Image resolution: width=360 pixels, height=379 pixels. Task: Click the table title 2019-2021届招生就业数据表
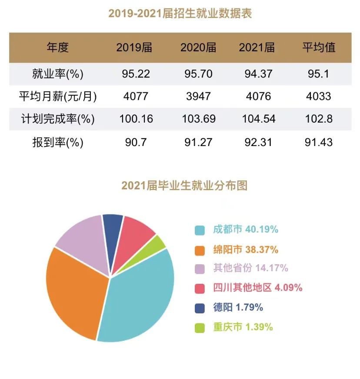pyautogui.click(x=180, y=13)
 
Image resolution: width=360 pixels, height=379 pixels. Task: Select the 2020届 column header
pyautogui.click(x=198, y=47)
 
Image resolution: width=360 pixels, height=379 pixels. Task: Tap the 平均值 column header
pyautogui.click(x=319, y=47)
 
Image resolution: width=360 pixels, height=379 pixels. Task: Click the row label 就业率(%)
pyautogui.click(x=57, y=74)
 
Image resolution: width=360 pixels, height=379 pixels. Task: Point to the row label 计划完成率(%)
pyautogui.click(x=57, y=119)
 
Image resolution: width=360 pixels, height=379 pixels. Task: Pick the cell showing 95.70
pyautogui.click(x=198, y=74)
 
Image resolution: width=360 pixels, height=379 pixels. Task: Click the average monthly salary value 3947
pyautogui.click(x=198, y=96)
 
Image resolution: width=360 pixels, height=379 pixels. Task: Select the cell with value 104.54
pyautogui.click(x=257, y=119)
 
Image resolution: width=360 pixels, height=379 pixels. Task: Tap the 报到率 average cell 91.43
pyautogui.click(x=319, y=142)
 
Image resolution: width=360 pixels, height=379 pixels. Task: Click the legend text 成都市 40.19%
pyautogui.click(x=245, y=229)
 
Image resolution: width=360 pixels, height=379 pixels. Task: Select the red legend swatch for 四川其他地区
pyautogui.click(x=200, y=288)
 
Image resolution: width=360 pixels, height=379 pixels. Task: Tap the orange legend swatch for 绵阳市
pyautogui.click(x=200, y=250)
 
